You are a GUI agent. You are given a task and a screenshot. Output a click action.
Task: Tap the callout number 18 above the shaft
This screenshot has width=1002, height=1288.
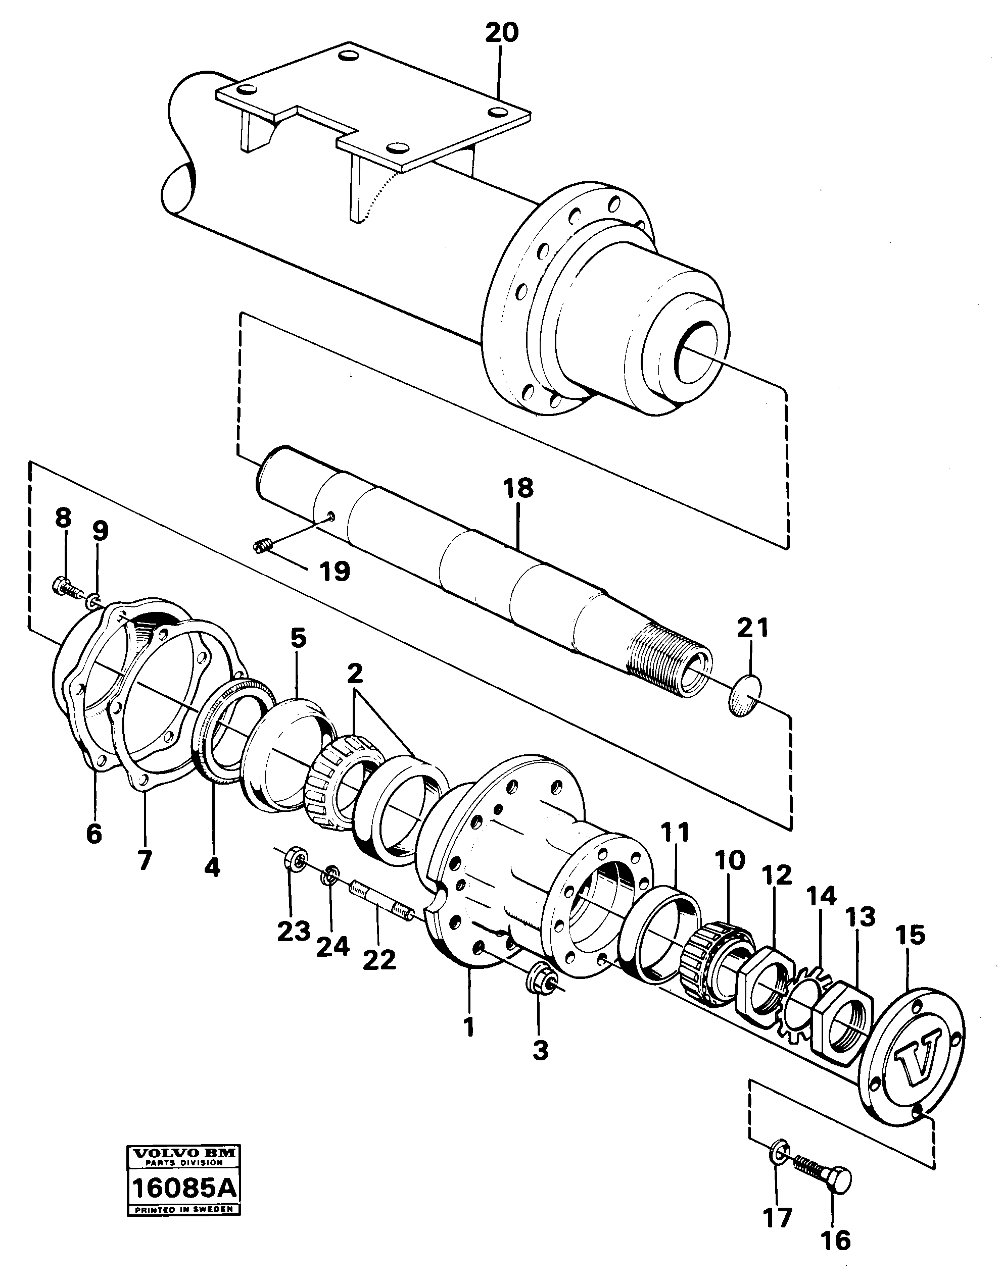(518, 488)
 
